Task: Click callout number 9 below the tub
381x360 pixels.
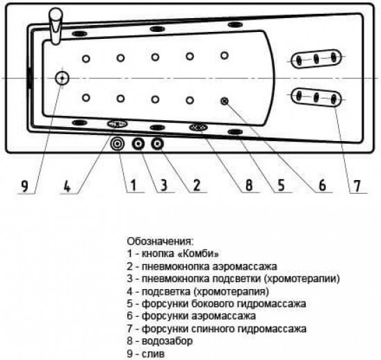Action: pos(25,186)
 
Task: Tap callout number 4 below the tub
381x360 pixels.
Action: pos(67,186)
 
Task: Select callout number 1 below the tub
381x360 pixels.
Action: pos(133,186)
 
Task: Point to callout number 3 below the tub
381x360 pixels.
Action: pos(164,186)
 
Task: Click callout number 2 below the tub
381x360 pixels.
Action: pos(196,186)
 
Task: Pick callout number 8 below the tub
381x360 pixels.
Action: pos(249,186)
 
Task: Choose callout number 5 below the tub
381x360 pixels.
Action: pos(281,186)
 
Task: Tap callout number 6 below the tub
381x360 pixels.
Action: pos(322,186)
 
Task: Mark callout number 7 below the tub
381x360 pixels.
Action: pos(357,186)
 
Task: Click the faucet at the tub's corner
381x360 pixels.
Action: pos(56,26)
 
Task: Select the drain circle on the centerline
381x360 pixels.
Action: pos(62,79)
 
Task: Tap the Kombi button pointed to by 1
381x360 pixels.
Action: pos(117,144)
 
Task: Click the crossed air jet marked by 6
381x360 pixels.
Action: pos(225,101)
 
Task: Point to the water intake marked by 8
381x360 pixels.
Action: pos(198,127)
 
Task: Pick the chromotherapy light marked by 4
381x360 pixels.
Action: pos(117,124)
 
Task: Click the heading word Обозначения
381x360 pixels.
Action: pos(161,241)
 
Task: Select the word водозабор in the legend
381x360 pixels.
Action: pos(167,341)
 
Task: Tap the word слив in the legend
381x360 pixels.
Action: pos(153,354)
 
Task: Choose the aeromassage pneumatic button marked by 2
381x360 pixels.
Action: pos(157,144)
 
